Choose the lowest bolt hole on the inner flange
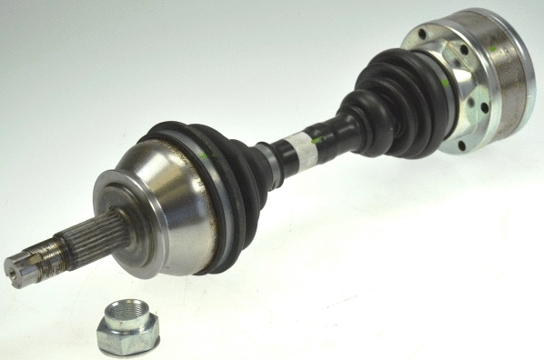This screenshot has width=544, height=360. pyautogui.click(x=462, y=145)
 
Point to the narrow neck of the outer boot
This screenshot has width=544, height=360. pyautogui.click(x=268, y=160)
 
